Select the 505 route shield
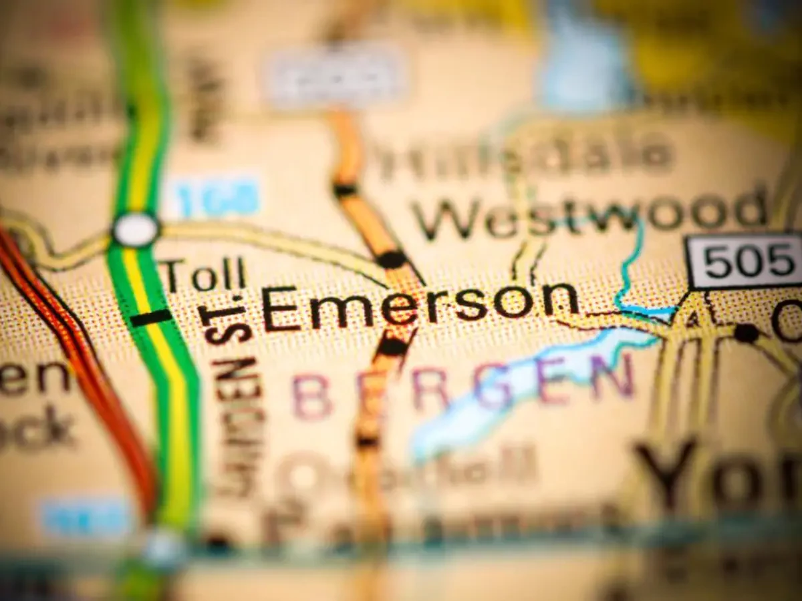(x=744, y=260)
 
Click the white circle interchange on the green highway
(x=136, y=230)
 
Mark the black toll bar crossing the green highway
(x=150, y=318)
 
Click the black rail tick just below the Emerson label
(x=393, y=347)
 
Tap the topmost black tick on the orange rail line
(x=345, y=190)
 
